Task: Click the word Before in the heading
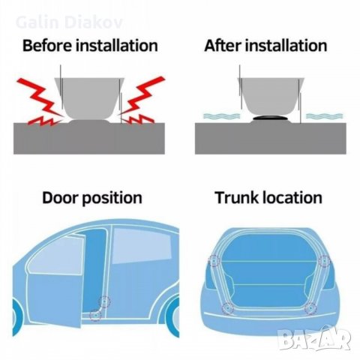[x=47, y=45]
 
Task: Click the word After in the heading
[x=223, y=45]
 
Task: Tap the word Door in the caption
[x=60, y=198]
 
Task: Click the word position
[x=112, y=199]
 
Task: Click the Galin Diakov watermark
[x=69, y=22]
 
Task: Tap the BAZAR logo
[x=314, y=338]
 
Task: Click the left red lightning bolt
[x=40, y=101]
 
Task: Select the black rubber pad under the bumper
[x=271, y=118]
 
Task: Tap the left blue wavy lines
[x=221, y=116]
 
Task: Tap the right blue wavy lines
[x=324, y=116]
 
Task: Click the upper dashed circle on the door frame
[x=104, y=302]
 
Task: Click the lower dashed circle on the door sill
[x=95, y=316]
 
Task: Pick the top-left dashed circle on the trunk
[x=214, y=261]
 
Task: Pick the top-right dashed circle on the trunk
[x=324, y=261]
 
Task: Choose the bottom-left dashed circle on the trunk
[x=228, y=308]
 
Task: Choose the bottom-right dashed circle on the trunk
[x=311, y=309]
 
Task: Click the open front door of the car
[x=54, y=283]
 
